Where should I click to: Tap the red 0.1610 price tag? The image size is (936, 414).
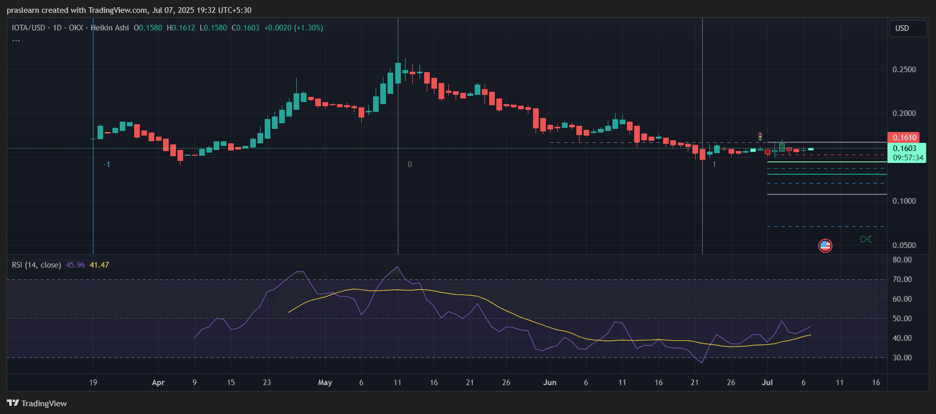(905, 137)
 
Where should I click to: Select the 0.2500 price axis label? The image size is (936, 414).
(904, 70)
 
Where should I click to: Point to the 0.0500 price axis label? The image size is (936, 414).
(904, 245)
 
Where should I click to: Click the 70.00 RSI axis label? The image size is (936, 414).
(902, 279)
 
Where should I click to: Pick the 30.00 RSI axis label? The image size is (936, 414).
(902, 358)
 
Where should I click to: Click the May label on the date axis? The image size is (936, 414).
(325, 383)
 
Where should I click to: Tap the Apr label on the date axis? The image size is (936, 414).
(158, 383)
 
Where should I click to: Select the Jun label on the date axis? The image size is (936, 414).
(550, 383)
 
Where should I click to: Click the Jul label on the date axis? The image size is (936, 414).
(767, 383)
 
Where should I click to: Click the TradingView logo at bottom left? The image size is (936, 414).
(37, 403)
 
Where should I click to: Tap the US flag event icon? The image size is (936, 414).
(825, 245)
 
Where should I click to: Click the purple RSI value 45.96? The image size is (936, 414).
(75, 265)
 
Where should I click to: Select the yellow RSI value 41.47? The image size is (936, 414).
(99, 265)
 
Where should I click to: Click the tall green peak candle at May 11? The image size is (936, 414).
(398, 73)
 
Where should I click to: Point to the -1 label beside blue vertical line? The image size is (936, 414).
(107, 164)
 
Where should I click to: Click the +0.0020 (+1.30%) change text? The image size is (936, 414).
(294, 28)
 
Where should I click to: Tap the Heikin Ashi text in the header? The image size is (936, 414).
(110, 28)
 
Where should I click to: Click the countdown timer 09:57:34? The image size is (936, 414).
(908, 158)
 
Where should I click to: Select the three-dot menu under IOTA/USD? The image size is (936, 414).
(16, 40)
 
